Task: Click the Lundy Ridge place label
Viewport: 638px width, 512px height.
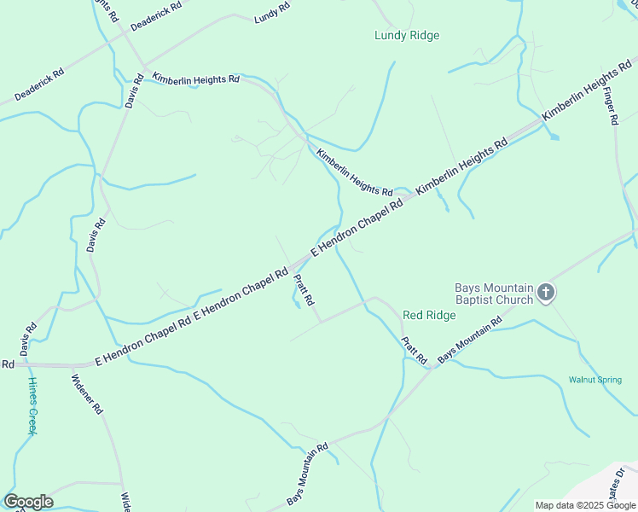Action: [407, 35]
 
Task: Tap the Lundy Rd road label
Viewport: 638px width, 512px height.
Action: [271, 13]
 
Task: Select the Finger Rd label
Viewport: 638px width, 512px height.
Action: [609, 106]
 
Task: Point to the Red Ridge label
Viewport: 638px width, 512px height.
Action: [429, 315]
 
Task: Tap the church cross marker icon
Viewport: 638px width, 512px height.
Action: [546, 294]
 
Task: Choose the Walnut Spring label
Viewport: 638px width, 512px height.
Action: [595, 379]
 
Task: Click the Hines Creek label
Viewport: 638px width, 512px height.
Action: [32, 406]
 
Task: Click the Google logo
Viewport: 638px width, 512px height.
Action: [28, 502]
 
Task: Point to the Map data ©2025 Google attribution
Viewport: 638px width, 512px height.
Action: [585, 505]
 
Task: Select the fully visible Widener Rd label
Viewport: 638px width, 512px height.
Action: [87, 394]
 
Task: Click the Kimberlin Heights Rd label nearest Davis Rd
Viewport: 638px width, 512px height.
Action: [195, 78]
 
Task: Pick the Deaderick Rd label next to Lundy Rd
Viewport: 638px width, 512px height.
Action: [156, 17]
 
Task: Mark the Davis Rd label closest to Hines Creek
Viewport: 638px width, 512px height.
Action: [28, 339]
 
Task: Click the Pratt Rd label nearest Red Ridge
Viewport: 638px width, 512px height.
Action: [414, 350]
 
